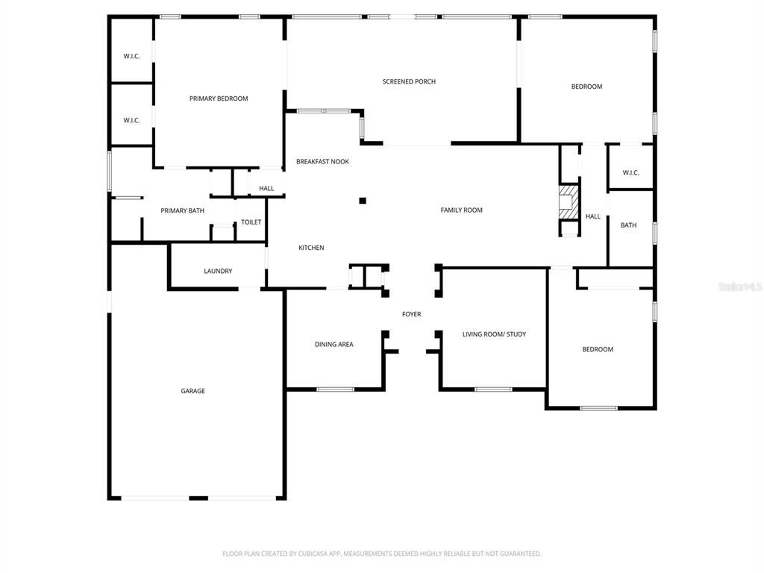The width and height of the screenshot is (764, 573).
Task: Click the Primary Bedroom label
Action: (x=219, y=98)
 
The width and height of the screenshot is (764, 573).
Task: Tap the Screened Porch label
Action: (x=409, y=81)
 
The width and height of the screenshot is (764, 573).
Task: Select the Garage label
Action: (x=192, y=391)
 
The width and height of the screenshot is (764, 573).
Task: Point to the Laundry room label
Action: (x=218, y=271)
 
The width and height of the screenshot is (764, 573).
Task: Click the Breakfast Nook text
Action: (x=322, y=161)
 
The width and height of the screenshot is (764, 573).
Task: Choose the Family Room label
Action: (x=461, y=210)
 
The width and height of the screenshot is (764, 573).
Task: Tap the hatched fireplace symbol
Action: (x=569, y=202)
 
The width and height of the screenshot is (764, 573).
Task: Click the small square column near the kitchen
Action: (x=363, y=200)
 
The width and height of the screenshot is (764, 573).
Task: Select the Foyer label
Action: (x=411, y=314)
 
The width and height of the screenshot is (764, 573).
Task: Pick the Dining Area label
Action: (x=334, y=345)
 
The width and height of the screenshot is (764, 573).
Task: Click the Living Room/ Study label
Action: (x=494, y=334)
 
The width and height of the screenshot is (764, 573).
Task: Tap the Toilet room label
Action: (x=251, y=222)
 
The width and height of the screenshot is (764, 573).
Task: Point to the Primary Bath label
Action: (x=182, y=211)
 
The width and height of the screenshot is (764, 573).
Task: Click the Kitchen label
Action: (x=311, y=248)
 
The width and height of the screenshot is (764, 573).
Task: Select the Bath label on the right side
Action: (x=628, y=225)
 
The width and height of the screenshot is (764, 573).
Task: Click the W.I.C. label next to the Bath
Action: (x=630, y=173)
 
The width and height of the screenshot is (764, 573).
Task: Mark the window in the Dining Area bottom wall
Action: (x=335, y=389)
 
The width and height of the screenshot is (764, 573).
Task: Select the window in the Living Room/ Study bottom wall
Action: (x=493, y=389)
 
